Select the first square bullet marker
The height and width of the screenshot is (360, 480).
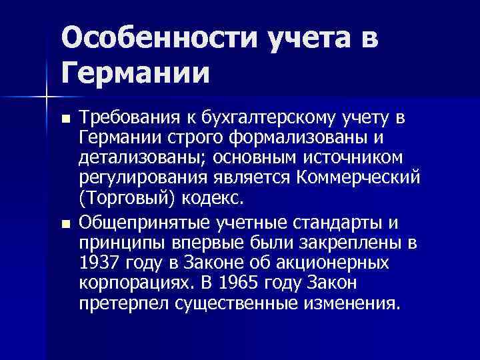[x=64, y=119]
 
